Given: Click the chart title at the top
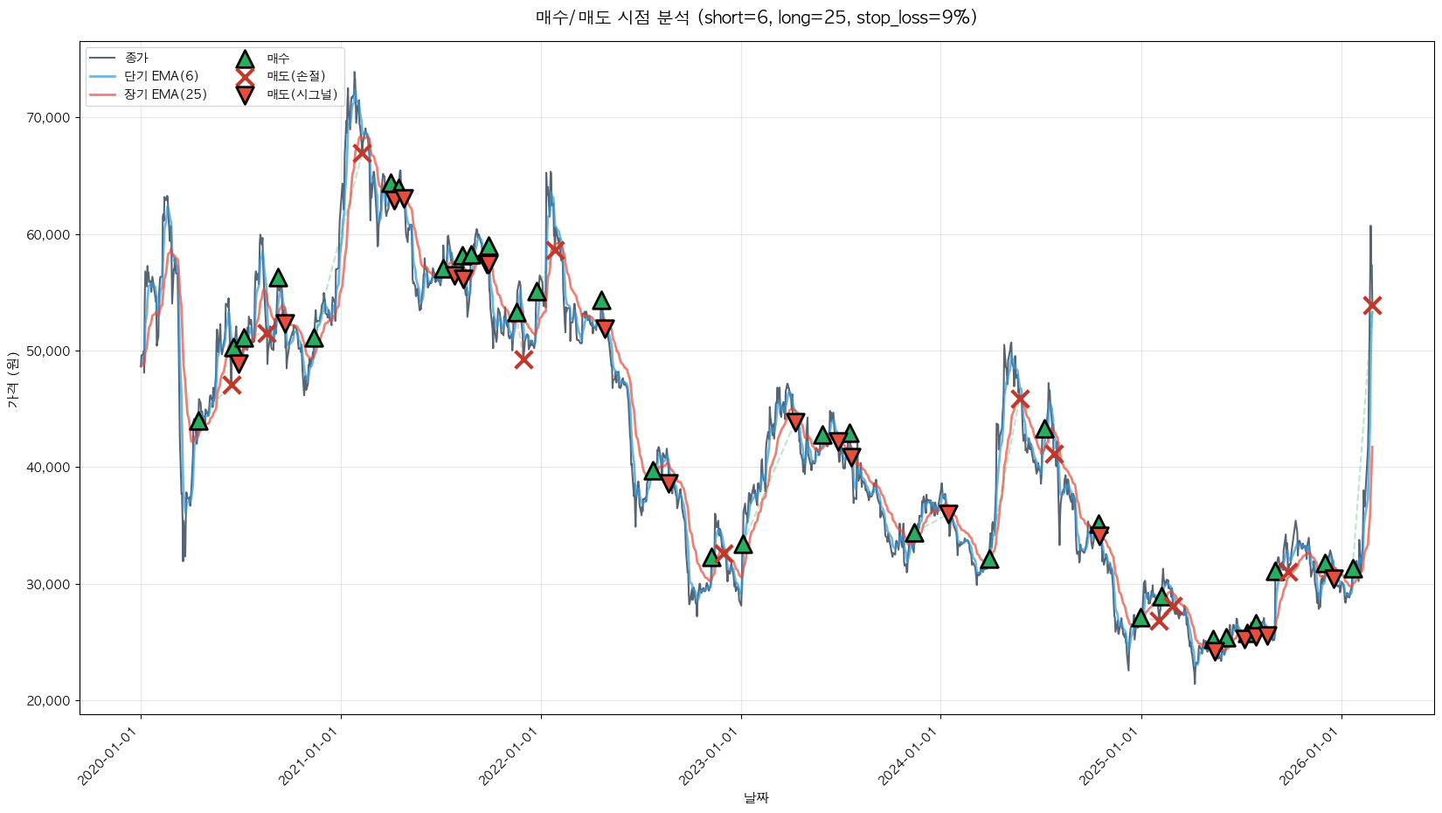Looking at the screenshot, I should (x=756, y=17).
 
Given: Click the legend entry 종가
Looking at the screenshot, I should (x=136, y=58).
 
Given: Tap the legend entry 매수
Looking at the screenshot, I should (x=278, y=59).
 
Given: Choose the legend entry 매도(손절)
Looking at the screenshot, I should (x=295, y=76).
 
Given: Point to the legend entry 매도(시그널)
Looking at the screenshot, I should (x=302, y=94).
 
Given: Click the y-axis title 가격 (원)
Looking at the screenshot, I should (x=12, y=379).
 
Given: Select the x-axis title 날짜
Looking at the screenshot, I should (x=756, y=797).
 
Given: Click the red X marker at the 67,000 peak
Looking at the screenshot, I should (x=362, y=153).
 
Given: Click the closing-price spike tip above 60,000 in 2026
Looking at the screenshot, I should (x=1370, y=226).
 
